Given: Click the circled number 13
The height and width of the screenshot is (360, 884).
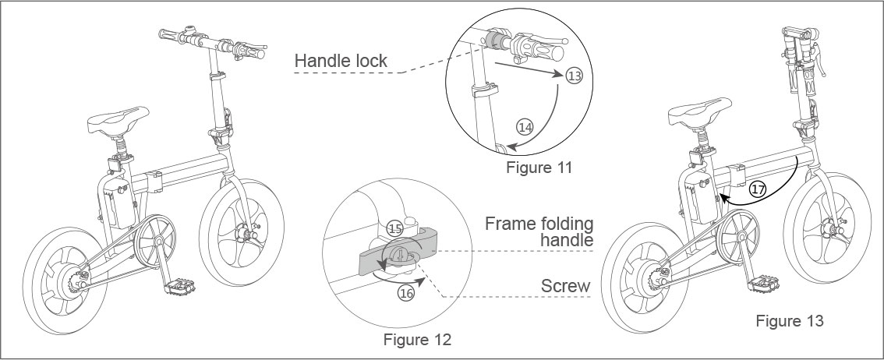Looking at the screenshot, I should click(574, 76).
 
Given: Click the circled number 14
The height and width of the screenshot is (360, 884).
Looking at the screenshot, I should click(525, 126).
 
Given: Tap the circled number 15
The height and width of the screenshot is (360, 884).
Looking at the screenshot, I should click(394, 228).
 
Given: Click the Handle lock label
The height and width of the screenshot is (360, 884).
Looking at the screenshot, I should click(341, 60).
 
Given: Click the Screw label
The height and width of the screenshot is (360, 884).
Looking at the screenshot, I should click(566, 287).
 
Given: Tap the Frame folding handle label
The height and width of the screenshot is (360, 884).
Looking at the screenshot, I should click(539, 231).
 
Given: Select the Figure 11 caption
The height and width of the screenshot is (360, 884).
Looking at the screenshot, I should click(539, 168).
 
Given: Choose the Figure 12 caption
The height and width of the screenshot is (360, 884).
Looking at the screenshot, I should click(417, 340).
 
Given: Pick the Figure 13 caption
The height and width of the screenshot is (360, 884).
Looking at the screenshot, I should click(789, 320).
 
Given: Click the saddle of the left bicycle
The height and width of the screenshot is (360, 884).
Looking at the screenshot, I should click(118, 120).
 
